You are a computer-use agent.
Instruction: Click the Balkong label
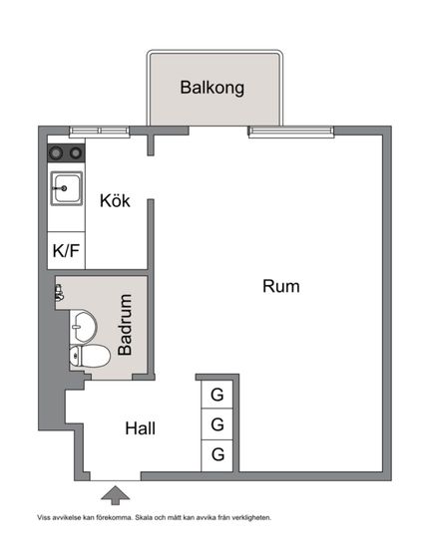click(x=213, y=88)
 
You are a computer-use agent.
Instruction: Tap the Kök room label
click(x=115, y=200)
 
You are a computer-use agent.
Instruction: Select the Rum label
click(x=281, y=286)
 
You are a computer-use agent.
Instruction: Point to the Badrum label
click(x=126, y=325)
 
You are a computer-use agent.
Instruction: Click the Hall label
click(x=141, y=428)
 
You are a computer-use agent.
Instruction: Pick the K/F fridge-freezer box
click(x=66, y=250)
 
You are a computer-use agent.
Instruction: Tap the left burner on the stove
click(x=56, y=152)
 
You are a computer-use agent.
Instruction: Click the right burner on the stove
click(x=76, y=152)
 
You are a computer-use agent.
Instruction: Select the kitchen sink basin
click(x=67, y=188)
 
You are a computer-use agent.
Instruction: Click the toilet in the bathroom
click(x=90, y=356)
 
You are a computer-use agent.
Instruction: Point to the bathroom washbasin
click(x=83, y=327)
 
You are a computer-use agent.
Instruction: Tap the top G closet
click(x=216, y=395)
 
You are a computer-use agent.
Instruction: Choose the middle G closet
click(x=216, y=424)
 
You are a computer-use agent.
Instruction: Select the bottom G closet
click(x=216, y=455)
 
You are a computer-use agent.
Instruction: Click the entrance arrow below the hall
click(x=115, y=495)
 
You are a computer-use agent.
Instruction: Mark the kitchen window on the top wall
click(x=100, y=132)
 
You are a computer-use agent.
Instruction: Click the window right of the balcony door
click(x=291, y=132)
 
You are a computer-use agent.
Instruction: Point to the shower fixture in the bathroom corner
click(x=59, y=293)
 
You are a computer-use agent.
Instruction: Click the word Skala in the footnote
click(x=144, y=517)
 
